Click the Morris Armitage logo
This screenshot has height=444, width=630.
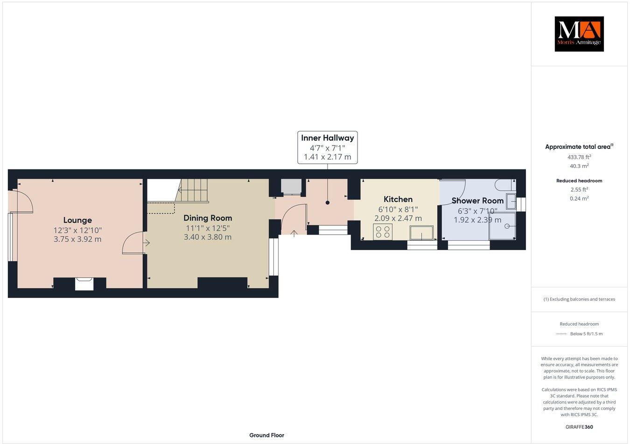579,34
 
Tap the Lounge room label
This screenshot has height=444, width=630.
77,220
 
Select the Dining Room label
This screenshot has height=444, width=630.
208,218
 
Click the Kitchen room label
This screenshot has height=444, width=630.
398,199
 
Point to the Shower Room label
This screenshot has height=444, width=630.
477,201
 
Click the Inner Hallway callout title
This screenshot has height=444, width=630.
327,138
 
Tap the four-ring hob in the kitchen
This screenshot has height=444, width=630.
383,232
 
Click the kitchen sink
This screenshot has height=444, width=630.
421,232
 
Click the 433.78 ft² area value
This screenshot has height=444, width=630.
579,157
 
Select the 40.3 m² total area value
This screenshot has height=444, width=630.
579,166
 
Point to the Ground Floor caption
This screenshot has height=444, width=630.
266,435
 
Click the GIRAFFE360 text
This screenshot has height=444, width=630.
579,427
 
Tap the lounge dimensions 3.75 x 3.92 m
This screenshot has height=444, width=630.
77,239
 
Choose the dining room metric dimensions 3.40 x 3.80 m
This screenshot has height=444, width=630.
208,237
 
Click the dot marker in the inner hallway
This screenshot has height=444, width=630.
327,202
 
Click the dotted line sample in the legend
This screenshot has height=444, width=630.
560,334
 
